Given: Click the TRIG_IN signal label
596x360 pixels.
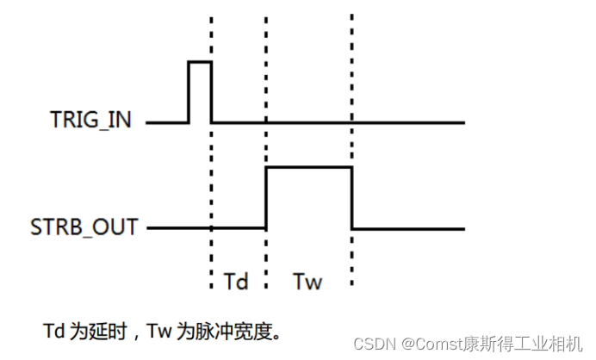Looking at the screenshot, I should coord(90,121).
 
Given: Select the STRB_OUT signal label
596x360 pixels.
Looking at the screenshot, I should coord(84,228).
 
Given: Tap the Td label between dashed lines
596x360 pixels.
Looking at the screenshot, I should coord(237,282).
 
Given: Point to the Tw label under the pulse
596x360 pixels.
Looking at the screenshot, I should coord(307,282).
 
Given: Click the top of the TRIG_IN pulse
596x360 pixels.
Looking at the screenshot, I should coord(200,62).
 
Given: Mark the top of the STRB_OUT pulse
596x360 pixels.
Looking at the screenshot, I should coord(308,167).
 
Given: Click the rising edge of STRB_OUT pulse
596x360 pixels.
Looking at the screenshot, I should coord(266,198).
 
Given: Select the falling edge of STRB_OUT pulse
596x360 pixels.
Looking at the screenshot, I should coord(352,198).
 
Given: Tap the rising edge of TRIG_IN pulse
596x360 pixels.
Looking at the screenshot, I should coord(189,92).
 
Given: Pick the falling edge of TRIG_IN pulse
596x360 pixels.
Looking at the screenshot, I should coord(211,92).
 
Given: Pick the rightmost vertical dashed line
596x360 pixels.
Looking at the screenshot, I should coord(352,86).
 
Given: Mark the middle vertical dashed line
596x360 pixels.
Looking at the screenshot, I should coord(266,86).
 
